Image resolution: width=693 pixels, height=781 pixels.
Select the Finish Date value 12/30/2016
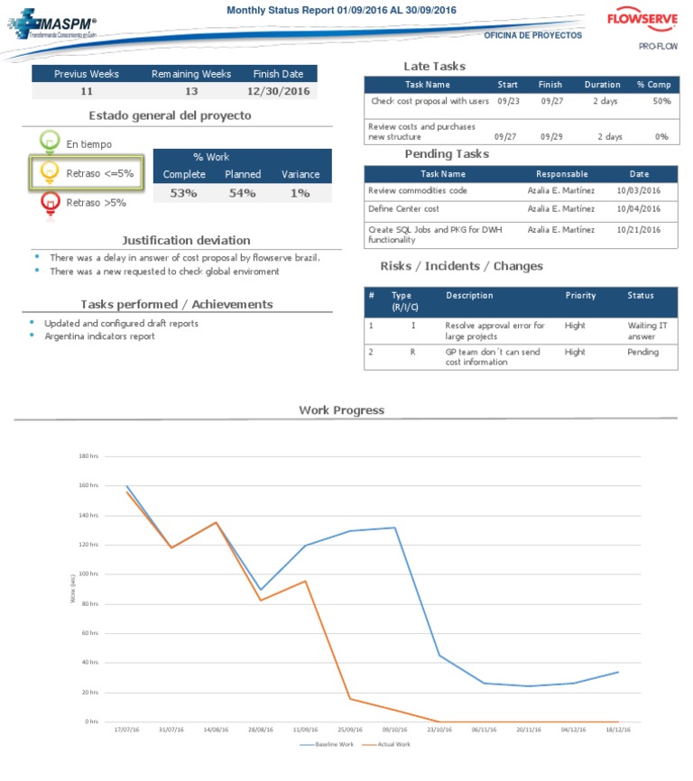click(x=279, y=92)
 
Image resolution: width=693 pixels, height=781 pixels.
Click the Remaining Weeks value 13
click(x=191, y=92)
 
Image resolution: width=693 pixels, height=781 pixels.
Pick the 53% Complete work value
click(x=183, y=193)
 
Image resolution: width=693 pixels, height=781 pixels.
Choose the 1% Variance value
click(x=300, y=193)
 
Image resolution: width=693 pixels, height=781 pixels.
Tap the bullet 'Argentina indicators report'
click(x=99, y=336)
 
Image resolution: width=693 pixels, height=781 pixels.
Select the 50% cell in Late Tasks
click(x=661, y=102)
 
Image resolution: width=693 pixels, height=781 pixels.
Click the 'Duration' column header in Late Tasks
click(x=602, y=85)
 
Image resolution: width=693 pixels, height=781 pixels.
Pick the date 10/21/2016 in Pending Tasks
click(x=639, y=230)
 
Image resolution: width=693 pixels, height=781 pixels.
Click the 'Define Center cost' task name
click(x=404, y=209)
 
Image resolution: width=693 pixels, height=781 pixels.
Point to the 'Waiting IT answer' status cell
click(x=647, y=331)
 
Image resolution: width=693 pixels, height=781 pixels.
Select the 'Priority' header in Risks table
click(x=580, y=296)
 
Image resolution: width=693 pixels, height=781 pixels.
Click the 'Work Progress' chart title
click(x=341, y=410)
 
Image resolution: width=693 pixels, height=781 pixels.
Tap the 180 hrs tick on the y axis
click(x=88, y=456)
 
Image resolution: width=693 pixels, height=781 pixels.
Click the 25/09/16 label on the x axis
click(x=350, y=730)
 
